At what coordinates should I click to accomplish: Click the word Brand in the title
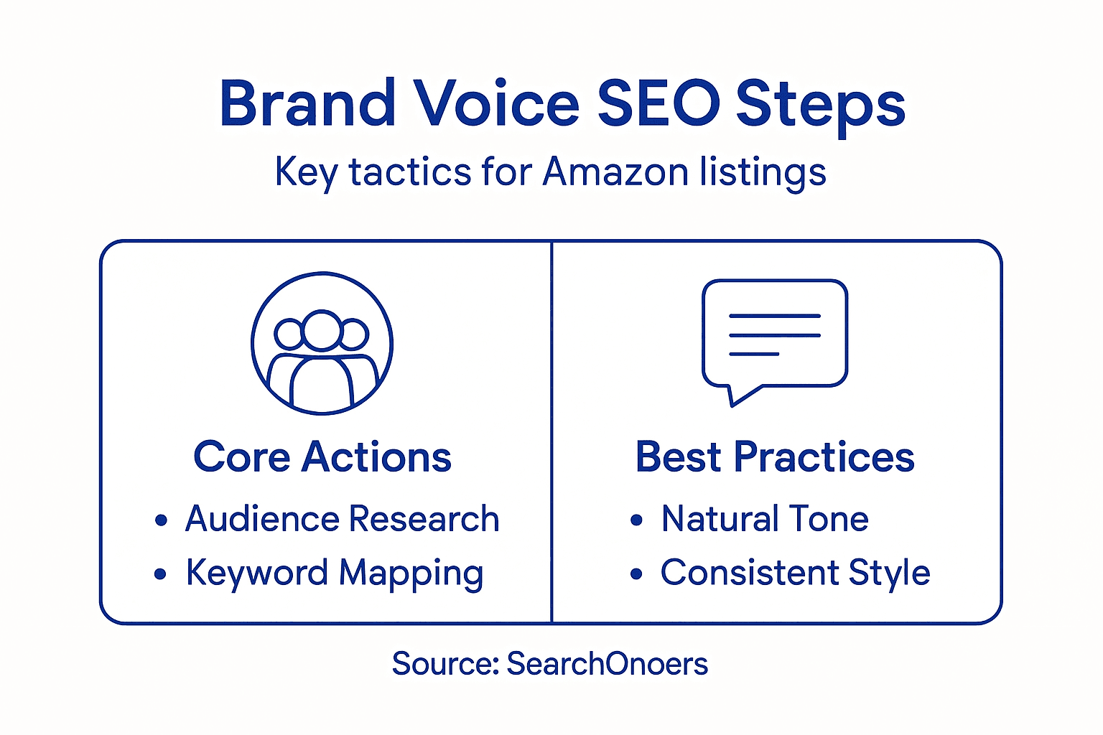point(307,103)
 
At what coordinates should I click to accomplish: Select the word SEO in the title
point(658,103)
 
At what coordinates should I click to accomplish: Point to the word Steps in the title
point(820,106)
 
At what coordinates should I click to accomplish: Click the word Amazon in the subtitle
point(615,172)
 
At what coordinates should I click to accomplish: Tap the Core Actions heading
point(322,457)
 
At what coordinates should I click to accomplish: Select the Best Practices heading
point(775,457)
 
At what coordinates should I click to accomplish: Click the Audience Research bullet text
point(342,519)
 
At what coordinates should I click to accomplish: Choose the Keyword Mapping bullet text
point(335,574)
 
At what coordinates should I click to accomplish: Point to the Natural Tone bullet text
point(765,519)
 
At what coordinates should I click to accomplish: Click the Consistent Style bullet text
point(795,574)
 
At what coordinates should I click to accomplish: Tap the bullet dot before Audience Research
point(161,520)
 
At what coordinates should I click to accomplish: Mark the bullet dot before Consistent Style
point(636,574)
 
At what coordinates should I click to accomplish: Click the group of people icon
point(322,343)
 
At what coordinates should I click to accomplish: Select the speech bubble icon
point(775,334)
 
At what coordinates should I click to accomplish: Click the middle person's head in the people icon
point(321,329)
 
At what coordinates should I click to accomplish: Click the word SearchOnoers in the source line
point(607,664)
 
